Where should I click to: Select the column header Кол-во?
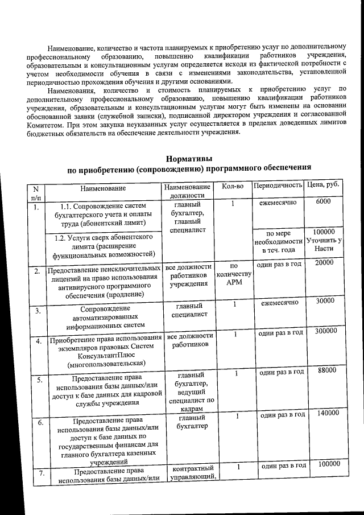tap(233, 186)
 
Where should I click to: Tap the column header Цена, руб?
tap(322, 186)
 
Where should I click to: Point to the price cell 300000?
tap(323, 331)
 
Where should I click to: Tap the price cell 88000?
tap(323, 370)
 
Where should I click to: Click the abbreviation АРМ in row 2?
tap(234, 285)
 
